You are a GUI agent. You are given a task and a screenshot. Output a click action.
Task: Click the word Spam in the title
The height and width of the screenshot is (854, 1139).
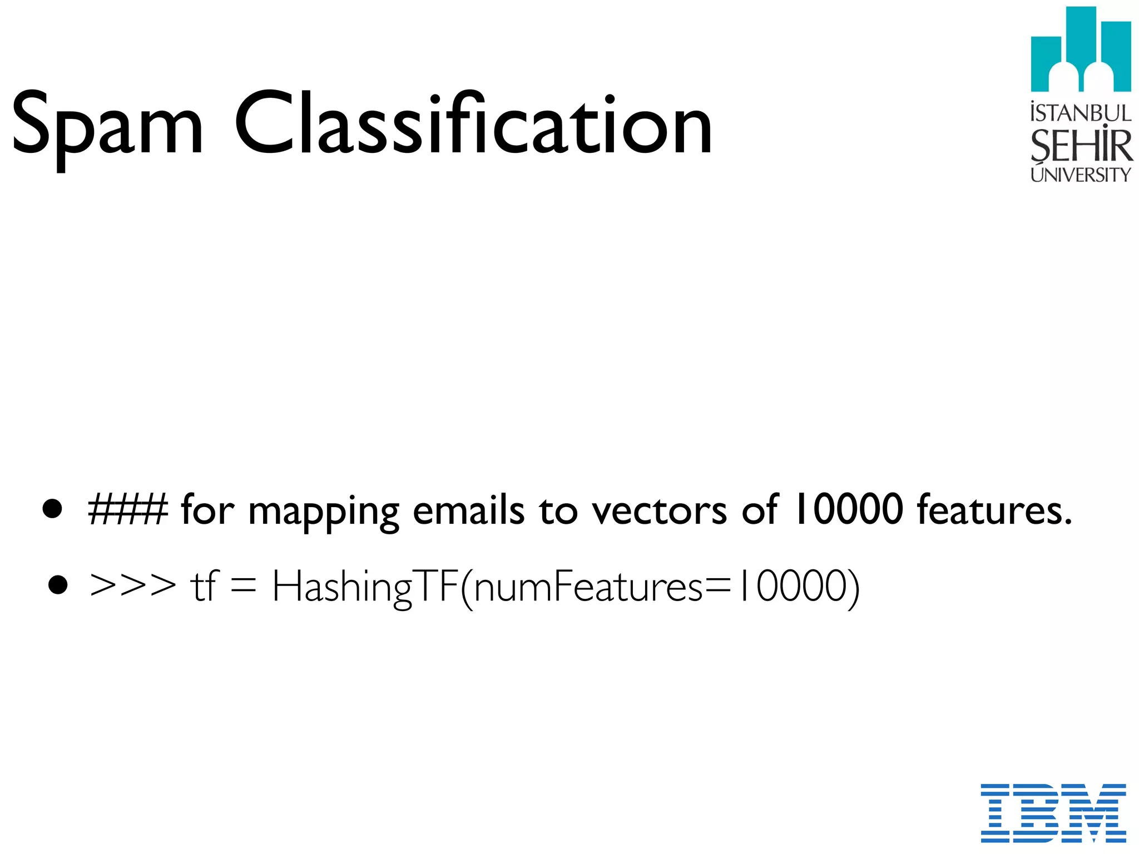coord(107,125)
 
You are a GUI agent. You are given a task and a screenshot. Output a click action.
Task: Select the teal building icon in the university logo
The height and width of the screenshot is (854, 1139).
coord(1081,50)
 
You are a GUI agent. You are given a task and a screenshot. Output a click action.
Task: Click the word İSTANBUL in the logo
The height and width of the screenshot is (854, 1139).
coord(1081,113)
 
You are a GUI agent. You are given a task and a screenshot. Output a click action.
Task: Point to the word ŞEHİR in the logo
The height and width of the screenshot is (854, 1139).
coord(1081,145)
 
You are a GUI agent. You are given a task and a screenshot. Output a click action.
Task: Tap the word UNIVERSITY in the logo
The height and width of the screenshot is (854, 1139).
coord(1081,175)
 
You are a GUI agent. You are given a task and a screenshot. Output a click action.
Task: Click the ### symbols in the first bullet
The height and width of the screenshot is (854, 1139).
coord(128,509)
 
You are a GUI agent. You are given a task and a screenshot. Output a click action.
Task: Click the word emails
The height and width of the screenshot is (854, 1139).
coord(468,509)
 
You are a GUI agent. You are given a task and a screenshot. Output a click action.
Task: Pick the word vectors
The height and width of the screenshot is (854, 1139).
coord(658,510)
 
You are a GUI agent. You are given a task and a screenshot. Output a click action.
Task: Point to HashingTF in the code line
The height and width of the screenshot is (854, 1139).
coord(364,587)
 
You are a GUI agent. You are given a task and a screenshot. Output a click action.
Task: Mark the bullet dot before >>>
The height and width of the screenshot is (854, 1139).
coord(58,585)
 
